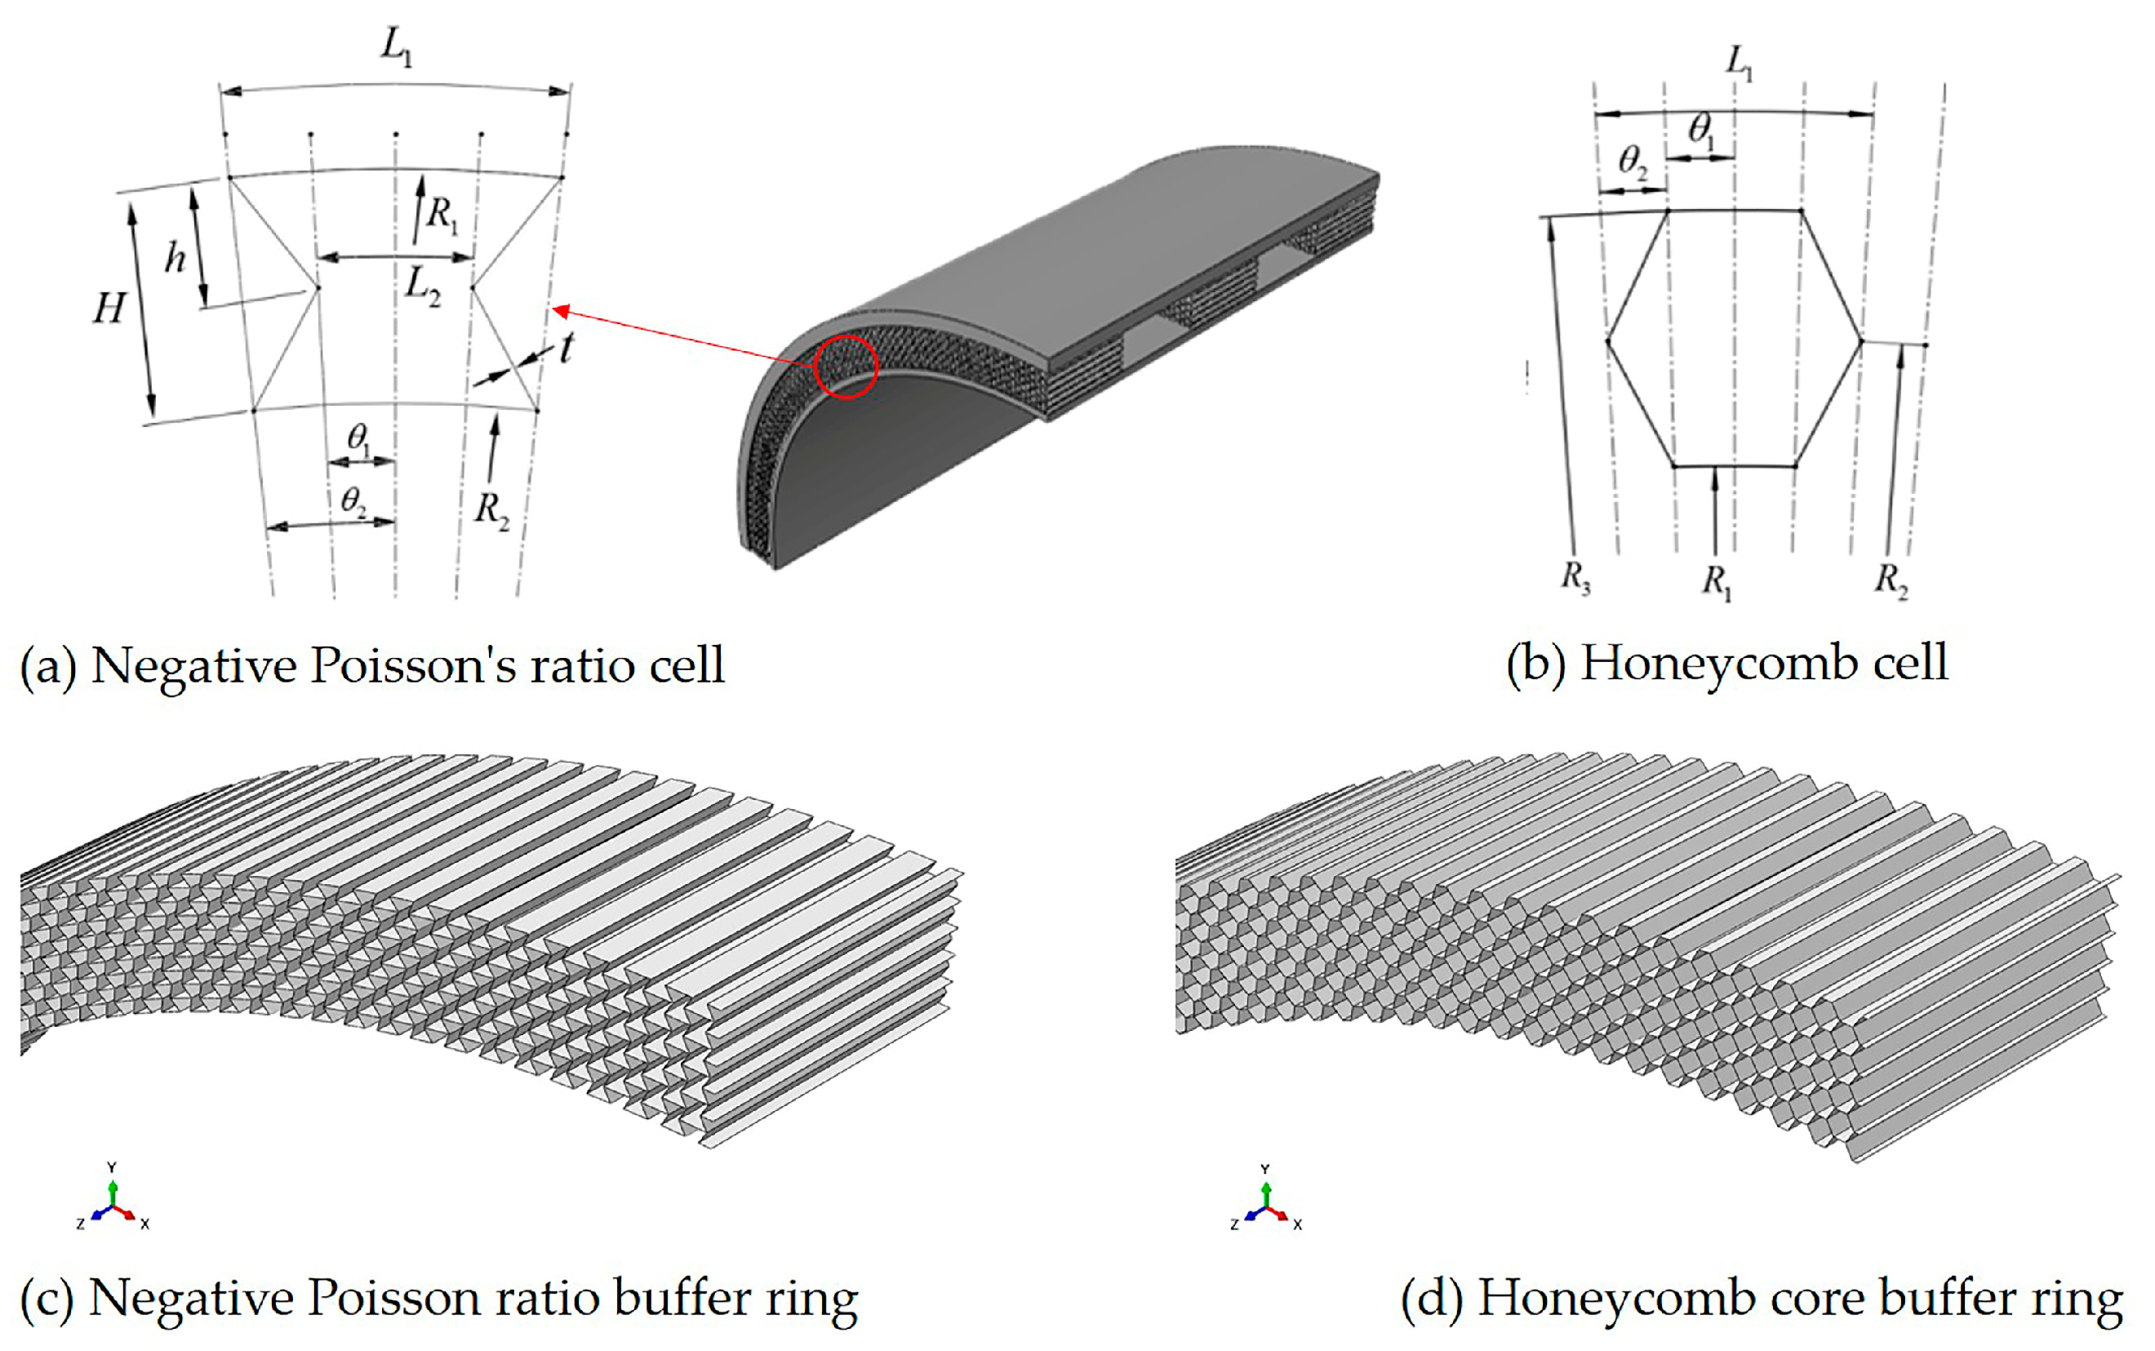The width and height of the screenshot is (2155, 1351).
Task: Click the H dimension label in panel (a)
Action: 109,309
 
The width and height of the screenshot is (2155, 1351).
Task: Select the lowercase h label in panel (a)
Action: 176,258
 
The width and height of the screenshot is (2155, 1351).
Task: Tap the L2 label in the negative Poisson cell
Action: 422,287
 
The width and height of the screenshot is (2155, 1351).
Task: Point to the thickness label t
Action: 567,347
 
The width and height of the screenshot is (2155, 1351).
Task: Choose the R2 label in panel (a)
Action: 491,511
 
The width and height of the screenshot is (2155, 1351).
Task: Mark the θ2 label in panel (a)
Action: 353,501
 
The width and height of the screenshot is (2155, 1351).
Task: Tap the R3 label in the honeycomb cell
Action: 1575,578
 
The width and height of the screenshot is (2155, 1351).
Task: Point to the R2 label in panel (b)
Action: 1891,580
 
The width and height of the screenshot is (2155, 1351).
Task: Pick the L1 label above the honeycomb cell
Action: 1739,64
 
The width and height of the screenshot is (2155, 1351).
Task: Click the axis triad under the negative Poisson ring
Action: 113,1201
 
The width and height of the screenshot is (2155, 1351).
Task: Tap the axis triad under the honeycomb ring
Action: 1265,1202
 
